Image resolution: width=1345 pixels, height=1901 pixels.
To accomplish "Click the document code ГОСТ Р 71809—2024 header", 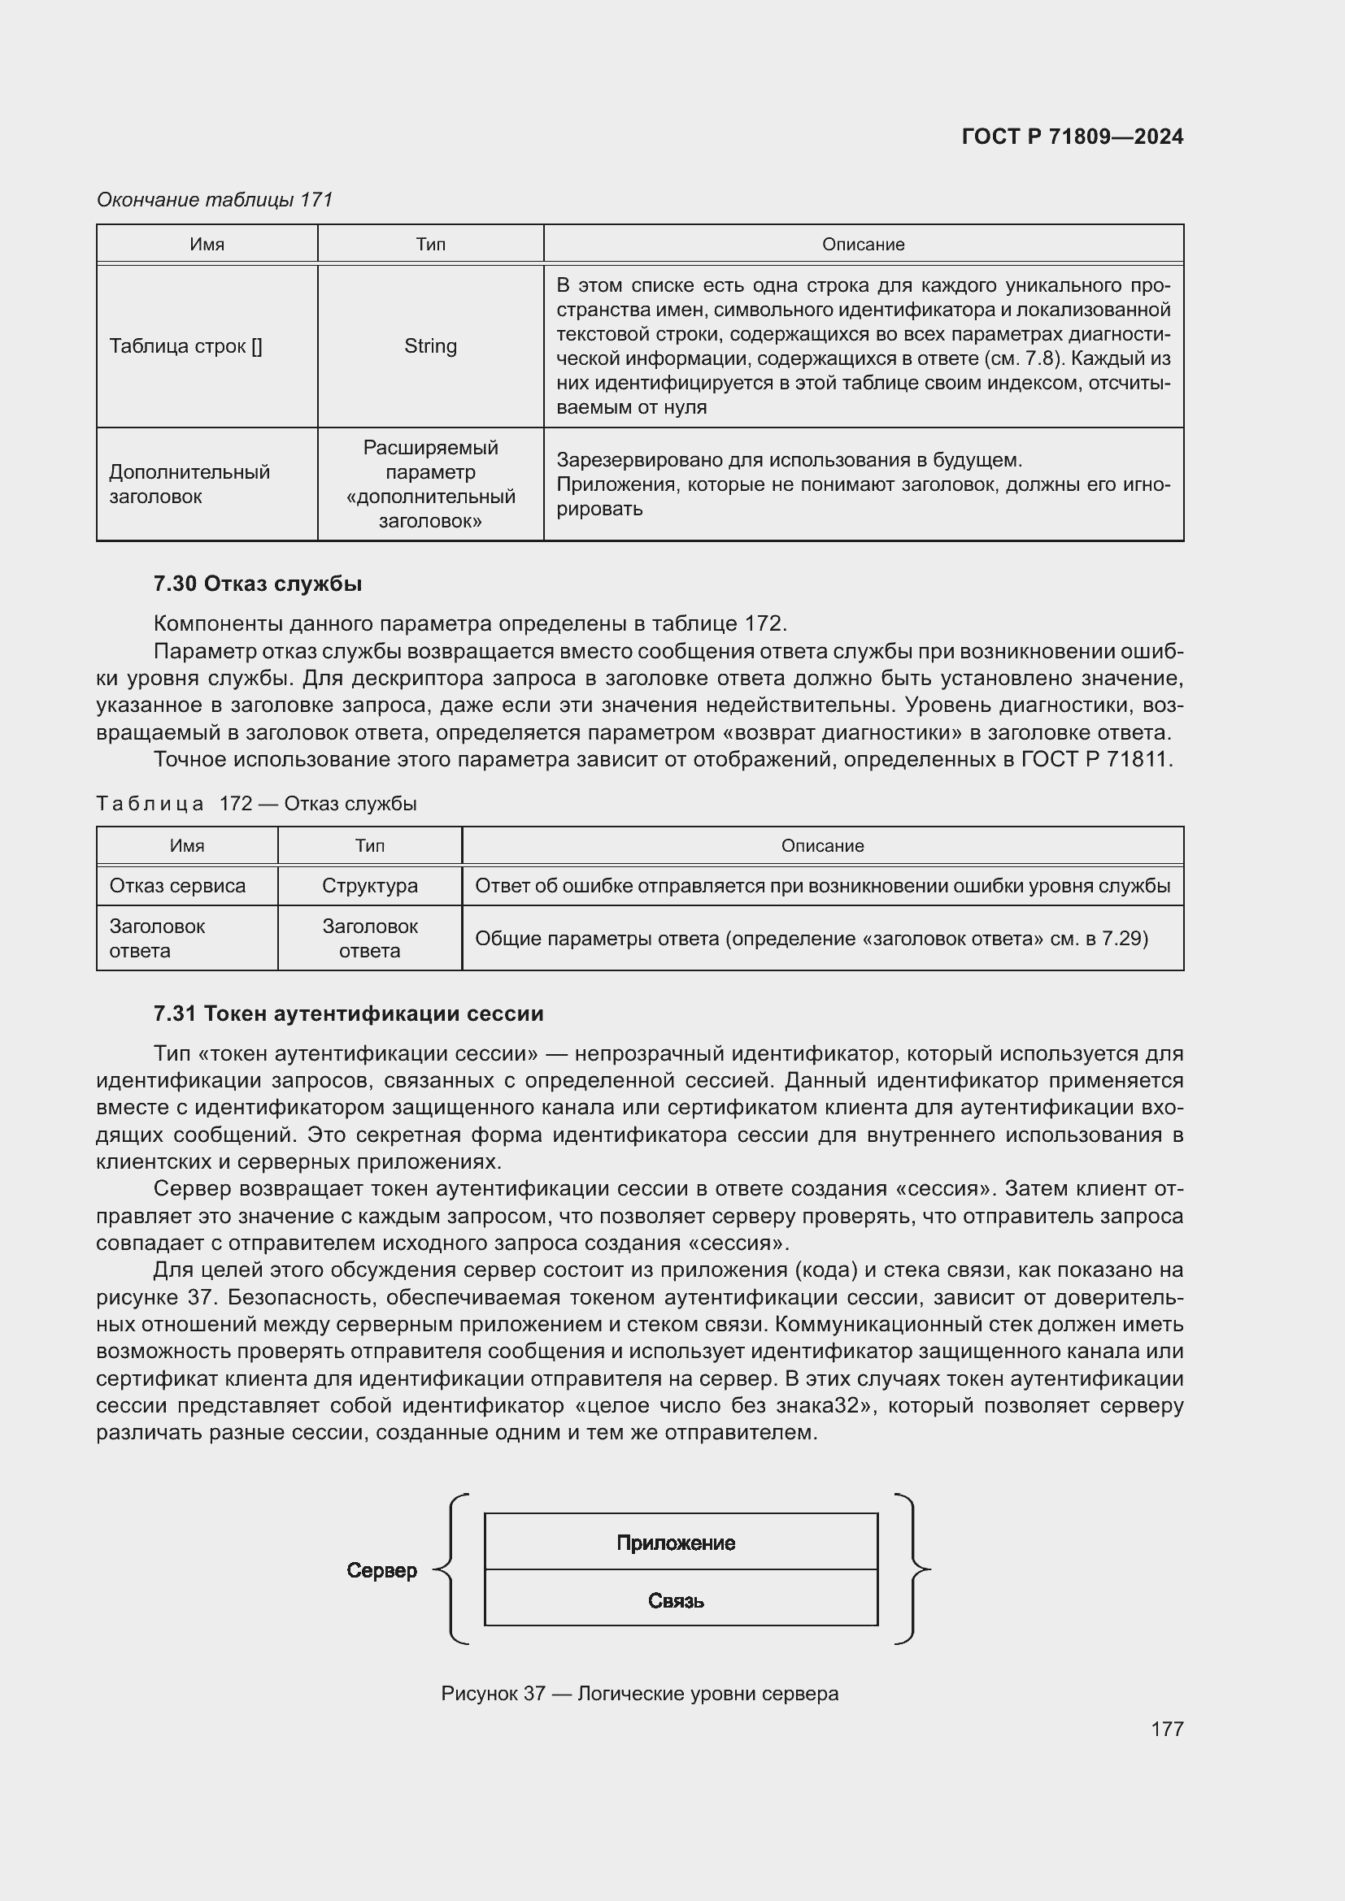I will (x=1072, y=137).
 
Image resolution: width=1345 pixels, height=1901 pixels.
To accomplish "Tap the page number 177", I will (x=1166, y=1729).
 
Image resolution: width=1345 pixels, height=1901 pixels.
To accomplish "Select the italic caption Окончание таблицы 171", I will (x=215, y=200).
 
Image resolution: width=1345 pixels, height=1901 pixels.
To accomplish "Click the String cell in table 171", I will (x=430, y=346).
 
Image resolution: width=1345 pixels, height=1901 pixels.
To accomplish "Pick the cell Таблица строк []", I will (x=185, y=346).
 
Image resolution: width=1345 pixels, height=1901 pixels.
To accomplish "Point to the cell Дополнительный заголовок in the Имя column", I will (x=189, y=484).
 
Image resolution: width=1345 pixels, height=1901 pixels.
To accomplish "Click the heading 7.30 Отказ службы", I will (x=258, y=584).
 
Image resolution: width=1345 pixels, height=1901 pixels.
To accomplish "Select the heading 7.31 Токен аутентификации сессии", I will (x=348, y=1013).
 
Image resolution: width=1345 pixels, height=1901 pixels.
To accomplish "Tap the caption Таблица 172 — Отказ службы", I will (x=257, y=804).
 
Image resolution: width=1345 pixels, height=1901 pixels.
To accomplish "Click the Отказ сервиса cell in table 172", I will (x=177, y=886).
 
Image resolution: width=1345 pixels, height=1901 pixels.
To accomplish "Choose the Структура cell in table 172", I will (x=369, y=886).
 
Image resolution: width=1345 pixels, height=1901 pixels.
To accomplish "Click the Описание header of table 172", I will (x=821, y=845).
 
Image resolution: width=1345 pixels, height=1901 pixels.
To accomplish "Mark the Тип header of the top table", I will (x=430, y=245).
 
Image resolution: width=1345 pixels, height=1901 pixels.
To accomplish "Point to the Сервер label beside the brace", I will (x=382, y=1571).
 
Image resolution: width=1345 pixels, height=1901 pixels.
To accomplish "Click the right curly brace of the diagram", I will (x=912, y=1569).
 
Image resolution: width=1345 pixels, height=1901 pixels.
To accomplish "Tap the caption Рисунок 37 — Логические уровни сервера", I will (x=639, y=1693).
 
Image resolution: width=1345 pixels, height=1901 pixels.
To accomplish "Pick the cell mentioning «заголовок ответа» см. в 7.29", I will (x=811, y=938).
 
